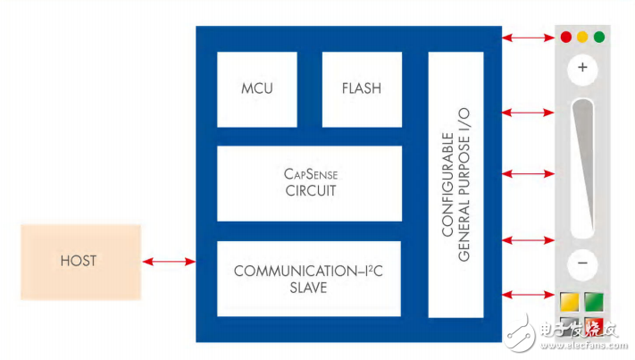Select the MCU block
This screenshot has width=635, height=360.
coord(257,89)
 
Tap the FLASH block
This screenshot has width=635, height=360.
coord(361,89)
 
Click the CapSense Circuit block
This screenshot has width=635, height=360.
coord(308,183)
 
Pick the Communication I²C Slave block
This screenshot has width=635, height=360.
coord(308,278)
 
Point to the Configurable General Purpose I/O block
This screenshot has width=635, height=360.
coord(455,184)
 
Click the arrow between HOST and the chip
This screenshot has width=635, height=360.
coord(168,262)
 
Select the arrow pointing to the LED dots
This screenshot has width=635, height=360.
coord(527,38)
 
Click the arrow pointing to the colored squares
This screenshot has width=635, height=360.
coord(527,296)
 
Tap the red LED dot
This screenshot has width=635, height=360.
coord(566,38)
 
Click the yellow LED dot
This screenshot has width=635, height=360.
coord(582,38)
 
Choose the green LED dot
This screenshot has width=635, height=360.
coord(598,38)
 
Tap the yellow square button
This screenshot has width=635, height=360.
coord(570,302)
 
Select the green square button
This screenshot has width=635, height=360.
coord(594,302)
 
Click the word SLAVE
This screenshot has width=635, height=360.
coord(308,288)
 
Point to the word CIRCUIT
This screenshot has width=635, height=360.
coord(308,191)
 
